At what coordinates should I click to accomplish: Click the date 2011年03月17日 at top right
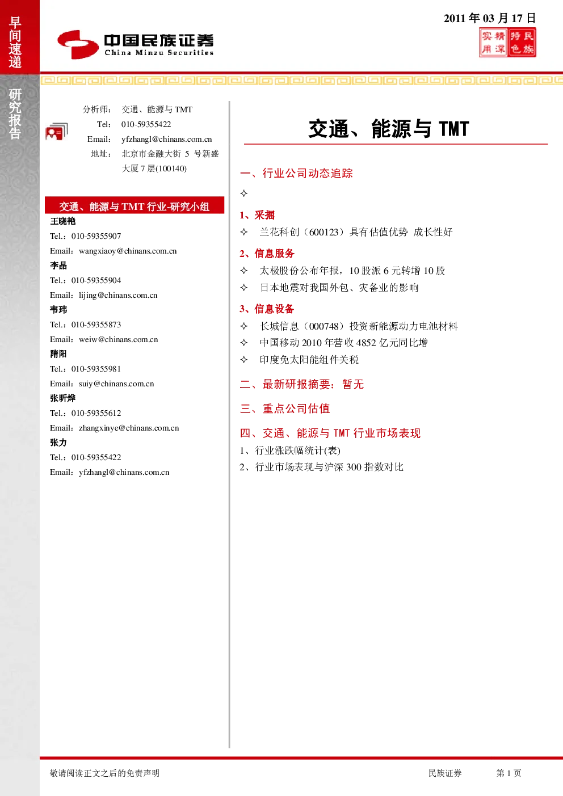490,18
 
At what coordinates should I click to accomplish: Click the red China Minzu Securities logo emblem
78,44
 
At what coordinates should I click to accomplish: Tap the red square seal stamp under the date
507,43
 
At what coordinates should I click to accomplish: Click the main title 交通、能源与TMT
389,129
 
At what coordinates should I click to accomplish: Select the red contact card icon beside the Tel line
57,132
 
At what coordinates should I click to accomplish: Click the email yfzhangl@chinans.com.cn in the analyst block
166,140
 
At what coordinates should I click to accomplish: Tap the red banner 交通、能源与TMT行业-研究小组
135,206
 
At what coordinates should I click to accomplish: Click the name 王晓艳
62,221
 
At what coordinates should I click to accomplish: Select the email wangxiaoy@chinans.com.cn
128,251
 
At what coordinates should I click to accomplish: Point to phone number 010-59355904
96,280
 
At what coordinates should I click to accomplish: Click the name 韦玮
58,310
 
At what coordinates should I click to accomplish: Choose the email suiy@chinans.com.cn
116,384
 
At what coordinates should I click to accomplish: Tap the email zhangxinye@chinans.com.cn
129,428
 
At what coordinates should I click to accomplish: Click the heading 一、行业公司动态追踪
296,174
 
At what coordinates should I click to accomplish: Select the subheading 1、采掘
257,215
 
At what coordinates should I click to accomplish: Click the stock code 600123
323,233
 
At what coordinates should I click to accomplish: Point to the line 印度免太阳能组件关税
309,360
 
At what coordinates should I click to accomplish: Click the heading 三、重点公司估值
285,408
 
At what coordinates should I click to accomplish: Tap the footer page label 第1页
509,773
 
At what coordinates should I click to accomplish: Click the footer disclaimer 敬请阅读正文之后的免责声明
105,773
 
